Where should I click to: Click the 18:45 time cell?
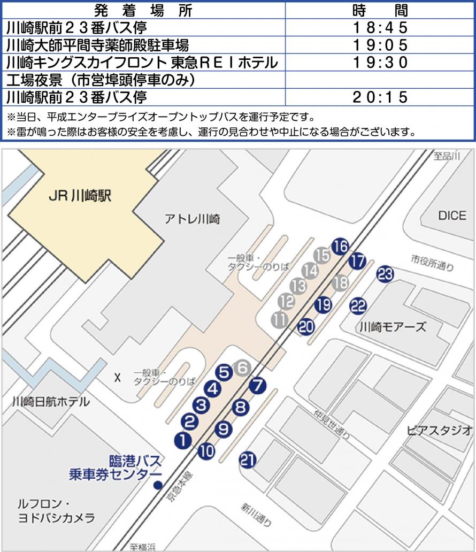point(380,27)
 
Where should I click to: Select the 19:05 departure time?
point(380,44)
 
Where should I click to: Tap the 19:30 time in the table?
point(380,62)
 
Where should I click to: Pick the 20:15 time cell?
point(380,97)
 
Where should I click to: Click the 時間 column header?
point(380,10)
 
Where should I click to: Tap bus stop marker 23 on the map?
point(385,274)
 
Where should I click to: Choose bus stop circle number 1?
point(183,440)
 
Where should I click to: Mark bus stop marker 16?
point(340,247)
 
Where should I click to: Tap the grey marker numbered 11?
point(279,320)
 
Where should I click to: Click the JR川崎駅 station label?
point(80,196)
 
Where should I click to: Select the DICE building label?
point(452,216)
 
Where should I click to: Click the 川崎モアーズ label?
point(393,326)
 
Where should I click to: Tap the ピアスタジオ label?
point(439,430)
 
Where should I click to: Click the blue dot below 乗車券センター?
point(158,486)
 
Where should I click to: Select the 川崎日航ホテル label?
point(51,402)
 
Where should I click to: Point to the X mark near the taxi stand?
point(117,378)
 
